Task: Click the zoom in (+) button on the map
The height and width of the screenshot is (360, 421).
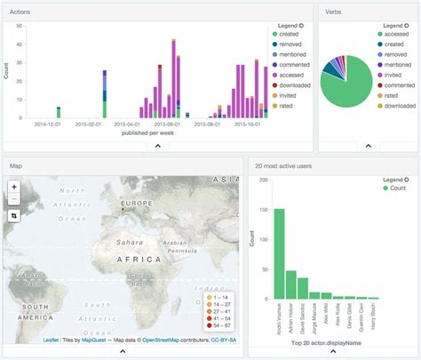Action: coord(15,187)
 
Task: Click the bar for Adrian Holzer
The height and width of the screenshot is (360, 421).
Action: coord(291,284)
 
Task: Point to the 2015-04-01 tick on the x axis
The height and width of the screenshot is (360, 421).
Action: coord(127,124)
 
